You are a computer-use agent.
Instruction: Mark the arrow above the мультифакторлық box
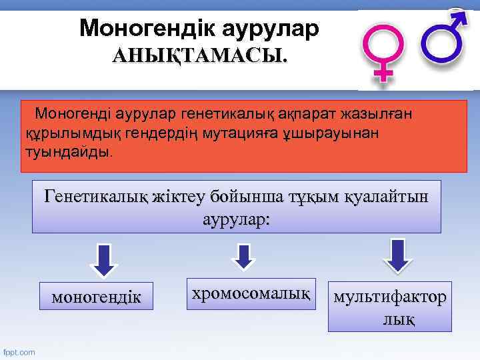[398, 255]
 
